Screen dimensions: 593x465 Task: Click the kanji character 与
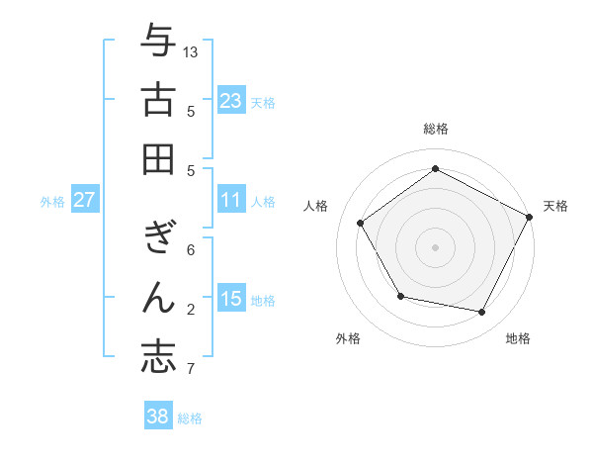click(x=158, y=41)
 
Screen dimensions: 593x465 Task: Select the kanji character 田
click(x=158, y=158)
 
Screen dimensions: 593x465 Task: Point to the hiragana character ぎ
click(x=158, y=237)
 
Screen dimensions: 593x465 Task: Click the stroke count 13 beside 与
click(x=192, y=51)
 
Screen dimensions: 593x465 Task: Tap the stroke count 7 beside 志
click(x=191, y=370)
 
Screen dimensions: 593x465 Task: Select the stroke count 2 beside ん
click(x=191, y=310)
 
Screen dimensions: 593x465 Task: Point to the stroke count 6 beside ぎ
click(x=191, y=249)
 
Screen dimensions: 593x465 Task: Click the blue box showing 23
click(x=231, y=101)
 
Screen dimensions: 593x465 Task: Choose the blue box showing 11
click(x=231, y=201)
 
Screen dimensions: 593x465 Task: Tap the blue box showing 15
click(x=231, y=300)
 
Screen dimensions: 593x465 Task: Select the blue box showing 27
click(x=84, y=201)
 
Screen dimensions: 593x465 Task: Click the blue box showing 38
click(x=158, y=417)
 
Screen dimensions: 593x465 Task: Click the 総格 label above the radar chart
click(x=435, y=129)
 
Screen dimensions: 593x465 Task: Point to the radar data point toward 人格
click(x=361, y=223)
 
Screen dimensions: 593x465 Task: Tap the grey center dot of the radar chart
click(x=435, y=246)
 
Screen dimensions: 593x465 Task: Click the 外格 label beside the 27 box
click(x=52, y=202)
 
